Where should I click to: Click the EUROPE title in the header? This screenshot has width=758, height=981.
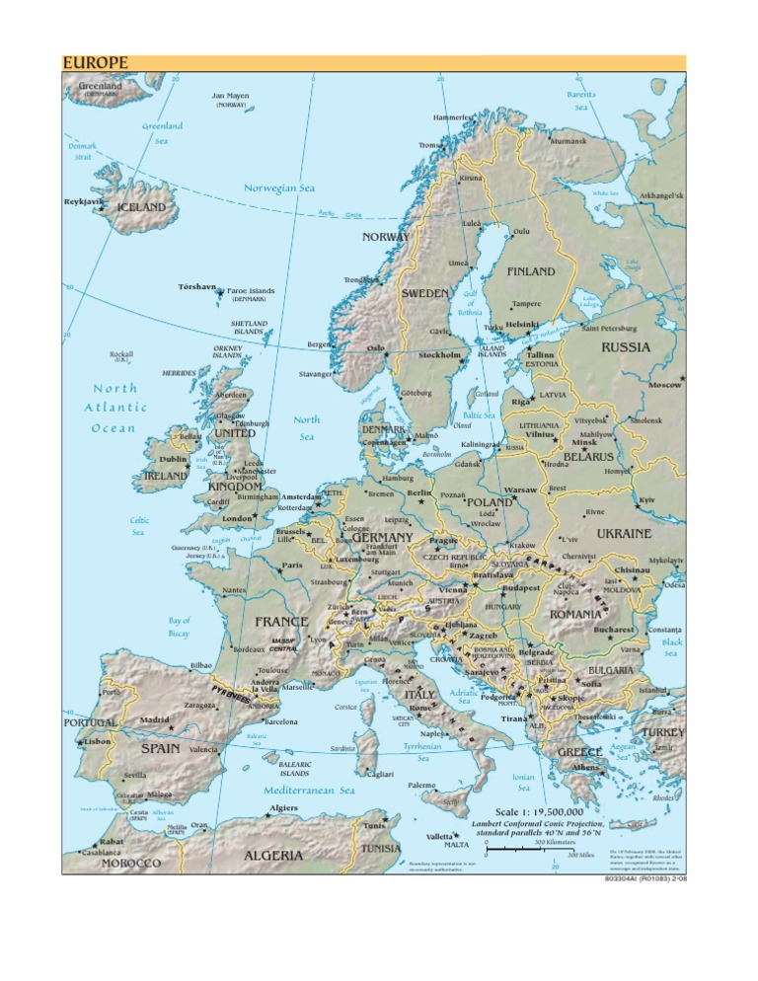[96, 63]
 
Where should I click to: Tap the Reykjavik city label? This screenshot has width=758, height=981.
[83, 201]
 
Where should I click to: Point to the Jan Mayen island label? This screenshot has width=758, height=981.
[230, 97]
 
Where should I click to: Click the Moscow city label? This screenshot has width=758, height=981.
[665, 385]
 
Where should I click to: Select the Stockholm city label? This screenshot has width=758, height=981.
[439, 355]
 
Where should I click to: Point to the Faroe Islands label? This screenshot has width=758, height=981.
[251, 291]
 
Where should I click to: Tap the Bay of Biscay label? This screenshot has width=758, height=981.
[179, 627]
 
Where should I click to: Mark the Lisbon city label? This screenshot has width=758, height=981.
[97, 741]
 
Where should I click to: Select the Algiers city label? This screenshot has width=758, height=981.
[283, 807]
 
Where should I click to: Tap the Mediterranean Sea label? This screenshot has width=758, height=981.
[309, 791]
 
